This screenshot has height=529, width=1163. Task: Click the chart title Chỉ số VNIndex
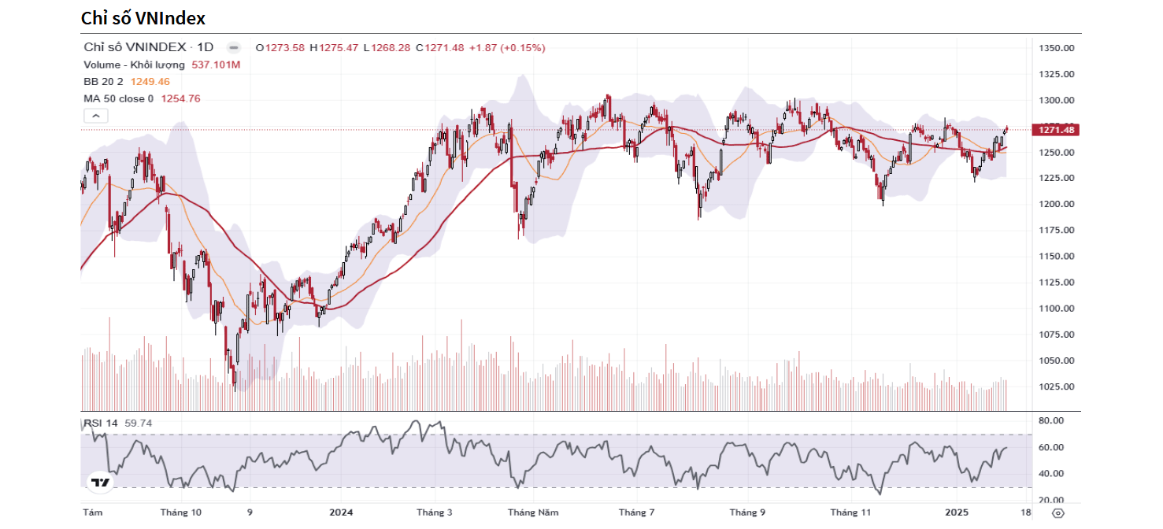point(143,17)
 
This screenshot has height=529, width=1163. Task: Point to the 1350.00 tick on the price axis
point(1057,48)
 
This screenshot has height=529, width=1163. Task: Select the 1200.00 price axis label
point(1057,204)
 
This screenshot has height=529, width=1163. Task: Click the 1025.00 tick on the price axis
point(1057,387)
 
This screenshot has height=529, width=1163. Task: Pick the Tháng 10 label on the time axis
point(180,512)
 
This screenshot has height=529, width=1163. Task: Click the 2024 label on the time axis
point(341,512)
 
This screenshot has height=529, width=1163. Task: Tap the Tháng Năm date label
point(533,512)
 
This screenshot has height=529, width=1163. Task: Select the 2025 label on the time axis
point(957,512)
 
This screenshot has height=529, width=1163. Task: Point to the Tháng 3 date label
point(434,512)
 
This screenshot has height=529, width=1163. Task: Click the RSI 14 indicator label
point(101,424)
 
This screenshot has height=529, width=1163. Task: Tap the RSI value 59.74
point(138,424)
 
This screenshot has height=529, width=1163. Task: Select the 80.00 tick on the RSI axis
point(1051,421)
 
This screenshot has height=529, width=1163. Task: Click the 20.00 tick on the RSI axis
point(1051,500)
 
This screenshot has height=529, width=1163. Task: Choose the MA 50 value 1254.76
point(180,98)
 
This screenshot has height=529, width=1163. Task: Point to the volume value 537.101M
point(216,65)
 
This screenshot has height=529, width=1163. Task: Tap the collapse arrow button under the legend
point(95,116)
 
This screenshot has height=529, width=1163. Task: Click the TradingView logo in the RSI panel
point(100,483)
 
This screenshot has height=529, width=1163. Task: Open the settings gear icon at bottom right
point(1057,512)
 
